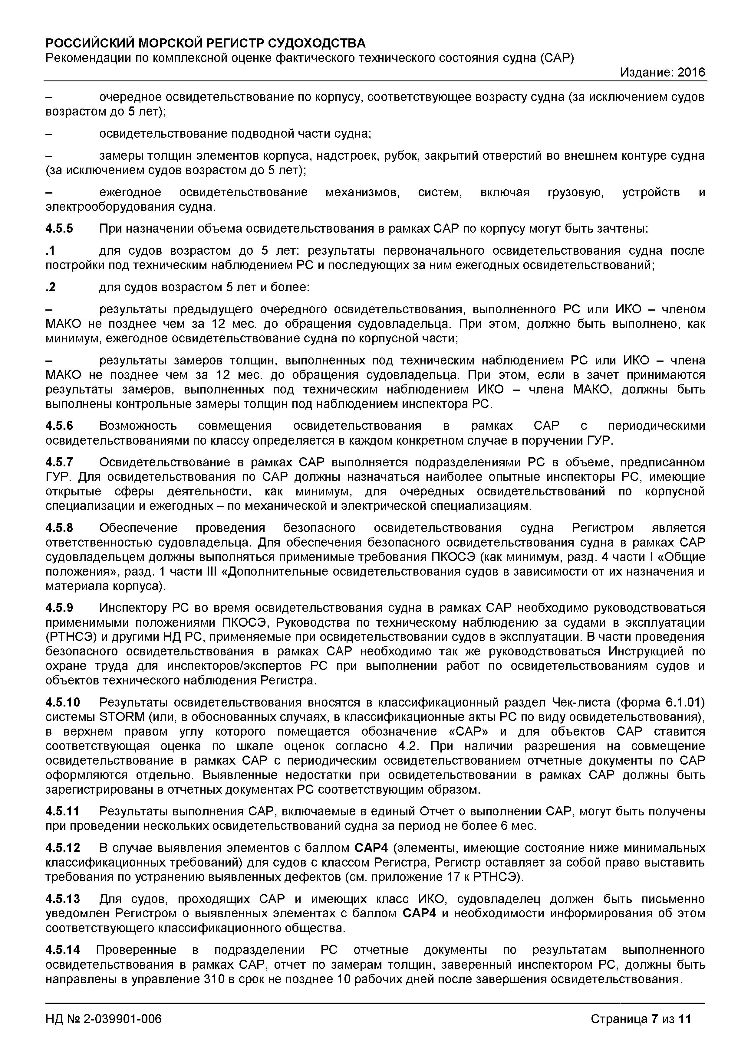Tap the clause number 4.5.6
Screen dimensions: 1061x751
pyautogui.click(x=59, y=426)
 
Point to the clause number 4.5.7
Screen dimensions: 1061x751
pyautogui.click(x=59, y=462)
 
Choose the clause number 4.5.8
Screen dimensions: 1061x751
pyautogui.click(x=59, y=528)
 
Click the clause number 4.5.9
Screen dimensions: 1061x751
pyautogui.click(x=59, y=608)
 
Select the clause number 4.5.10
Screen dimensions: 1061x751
pyautogui.click(x=62, y=702)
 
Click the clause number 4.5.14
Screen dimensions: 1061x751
pyautogui.click(x=62, y=950)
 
